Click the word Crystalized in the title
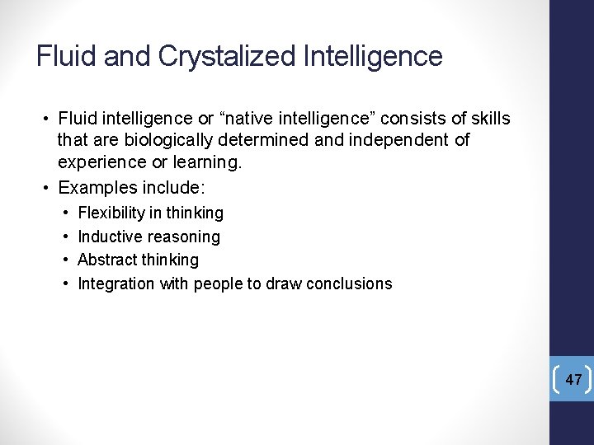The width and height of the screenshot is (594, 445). [x=216, y=57]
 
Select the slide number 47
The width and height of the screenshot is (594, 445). [x=573, y=380]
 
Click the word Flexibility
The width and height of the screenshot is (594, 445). [x=111, y=213]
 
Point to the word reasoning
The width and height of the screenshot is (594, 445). [x=183, y=237]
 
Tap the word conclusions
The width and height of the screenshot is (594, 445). [x=349, y=283]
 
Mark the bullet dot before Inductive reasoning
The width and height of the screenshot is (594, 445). [x=65, y=237]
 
